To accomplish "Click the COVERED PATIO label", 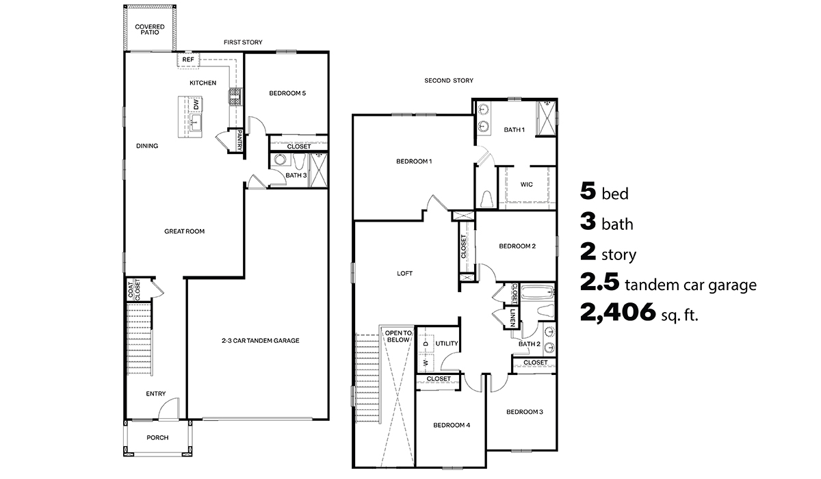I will [149, 29].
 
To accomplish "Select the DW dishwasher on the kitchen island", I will [195, 105].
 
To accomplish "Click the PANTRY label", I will [240, 141].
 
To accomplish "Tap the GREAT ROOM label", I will [184, 231].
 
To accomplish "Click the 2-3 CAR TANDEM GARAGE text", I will [260, 340].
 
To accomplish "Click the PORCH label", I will [157, 438].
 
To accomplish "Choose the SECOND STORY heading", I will [448, 81].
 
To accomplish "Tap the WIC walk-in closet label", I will [526, 184].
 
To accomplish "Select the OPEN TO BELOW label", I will [398, 335].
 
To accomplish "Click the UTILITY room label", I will [446, 344].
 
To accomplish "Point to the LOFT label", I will [404, 273].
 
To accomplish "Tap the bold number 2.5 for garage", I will [599, 283].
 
